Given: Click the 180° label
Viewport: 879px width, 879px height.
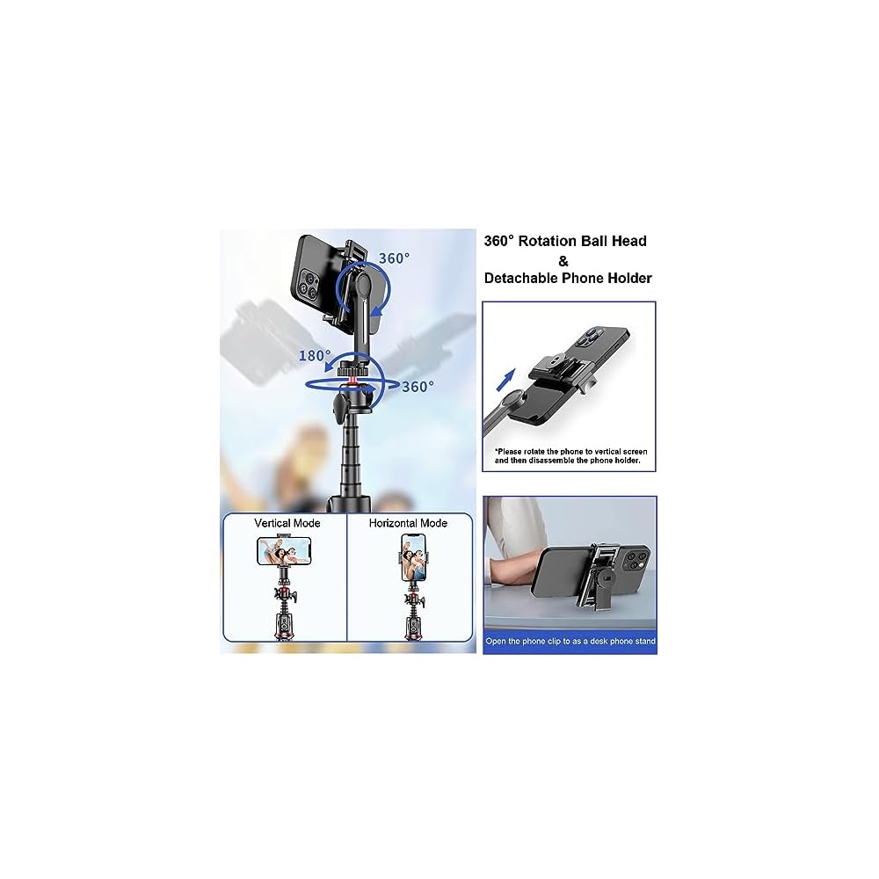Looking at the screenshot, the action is coord(315,355).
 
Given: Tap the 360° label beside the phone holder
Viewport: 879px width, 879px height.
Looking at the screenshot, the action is coord(394,258).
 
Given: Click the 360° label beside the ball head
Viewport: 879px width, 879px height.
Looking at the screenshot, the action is coord(418,387).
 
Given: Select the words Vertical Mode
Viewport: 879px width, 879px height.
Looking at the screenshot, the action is coord(287,523).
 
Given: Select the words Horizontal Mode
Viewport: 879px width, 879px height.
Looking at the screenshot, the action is coord(408,523).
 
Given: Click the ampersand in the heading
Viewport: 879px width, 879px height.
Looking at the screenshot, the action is coord(563,261).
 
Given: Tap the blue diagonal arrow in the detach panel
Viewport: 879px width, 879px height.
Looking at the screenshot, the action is coord(505,380).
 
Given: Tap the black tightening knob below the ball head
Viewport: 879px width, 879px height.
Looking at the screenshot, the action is coord(340,408).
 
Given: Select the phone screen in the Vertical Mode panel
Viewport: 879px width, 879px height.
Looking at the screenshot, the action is coord(284,550).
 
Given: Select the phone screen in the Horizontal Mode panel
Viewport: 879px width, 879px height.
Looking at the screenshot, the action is coord(413,557).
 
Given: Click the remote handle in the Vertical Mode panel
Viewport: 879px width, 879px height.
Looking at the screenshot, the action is coord(285,626).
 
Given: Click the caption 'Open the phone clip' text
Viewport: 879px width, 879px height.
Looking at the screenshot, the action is coord(570,642).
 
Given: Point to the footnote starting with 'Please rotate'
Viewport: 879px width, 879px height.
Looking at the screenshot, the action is coord(570,455).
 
